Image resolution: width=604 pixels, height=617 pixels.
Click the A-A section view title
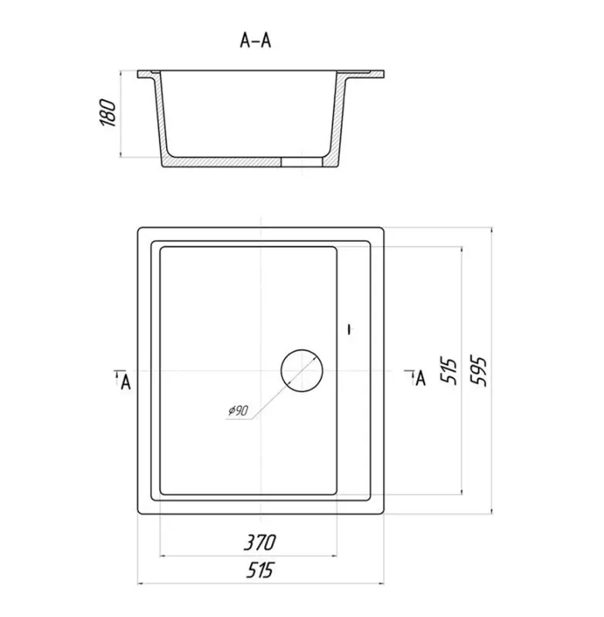coord(256,40)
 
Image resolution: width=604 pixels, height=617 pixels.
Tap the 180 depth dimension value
coord(108,113)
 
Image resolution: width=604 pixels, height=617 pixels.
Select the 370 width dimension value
coord(260,542)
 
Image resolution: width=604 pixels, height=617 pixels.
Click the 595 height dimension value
coord(479,371)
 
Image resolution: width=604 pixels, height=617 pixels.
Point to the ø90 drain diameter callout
coord(239,410)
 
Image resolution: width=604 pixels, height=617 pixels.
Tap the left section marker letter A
coord(126,382)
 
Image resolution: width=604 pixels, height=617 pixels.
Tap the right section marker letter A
coord(421,378)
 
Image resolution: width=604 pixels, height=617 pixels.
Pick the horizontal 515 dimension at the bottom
coord(260,570)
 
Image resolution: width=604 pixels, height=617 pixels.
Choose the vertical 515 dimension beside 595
coord(449,371)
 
